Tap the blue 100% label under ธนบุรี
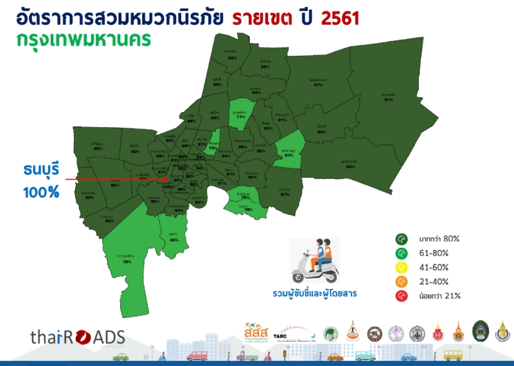pyautogui.click(x=41, y=191)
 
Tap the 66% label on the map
pyautogui.click(x=173, y=240)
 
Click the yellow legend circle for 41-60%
pyautogui.click(x=401, y=267)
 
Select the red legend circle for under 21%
pyautogui.click(x=401, y=296)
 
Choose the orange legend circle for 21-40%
pyautogui.click(x=401, y=282)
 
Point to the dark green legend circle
pyautogui.click(x=401, y=239)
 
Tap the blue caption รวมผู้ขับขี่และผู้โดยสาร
pyautogui.click(x=314, y=294)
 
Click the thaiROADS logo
pyautogui.click(x=77, y=337)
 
